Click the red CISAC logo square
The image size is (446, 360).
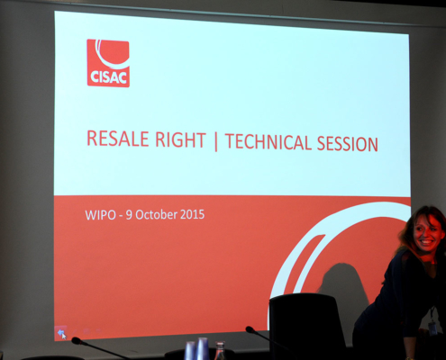(x=108, y=63)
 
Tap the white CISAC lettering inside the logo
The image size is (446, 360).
(x=108, y=77)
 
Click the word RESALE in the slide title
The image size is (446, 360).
(x=117, y=139)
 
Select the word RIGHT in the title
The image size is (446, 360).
(x=180, y=139)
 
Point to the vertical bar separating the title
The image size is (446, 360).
(x=215, y=141)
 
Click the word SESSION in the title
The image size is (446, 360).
(x=348, y=143)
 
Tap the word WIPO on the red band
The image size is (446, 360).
(x=100, y=215)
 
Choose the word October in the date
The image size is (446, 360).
(x=156, y=215)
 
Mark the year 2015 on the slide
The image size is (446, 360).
(x=192, y=214)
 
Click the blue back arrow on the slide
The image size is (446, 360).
(x=60, y=332)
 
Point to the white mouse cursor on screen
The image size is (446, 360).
(x=64, y=336)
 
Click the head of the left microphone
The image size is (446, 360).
(x=77, y=340)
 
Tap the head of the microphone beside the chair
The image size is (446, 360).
(x=250, y=329)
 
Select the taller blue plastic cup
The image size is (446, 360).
(x=202, y=348)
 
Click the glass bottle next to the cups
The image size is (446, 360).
(x=220, y=351)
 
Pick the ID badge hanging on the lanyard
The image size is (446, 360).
(x=432, y=328)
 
